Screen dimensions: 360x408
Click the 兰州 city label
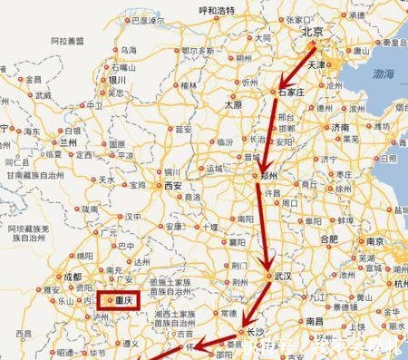tap(70, 142)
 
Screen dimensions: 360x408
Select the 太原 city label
tap(233, 105)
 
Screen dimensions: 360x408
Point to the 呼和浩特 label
tap(217, 11)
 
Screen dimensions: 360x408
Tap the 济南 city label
tap(341, 129)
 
